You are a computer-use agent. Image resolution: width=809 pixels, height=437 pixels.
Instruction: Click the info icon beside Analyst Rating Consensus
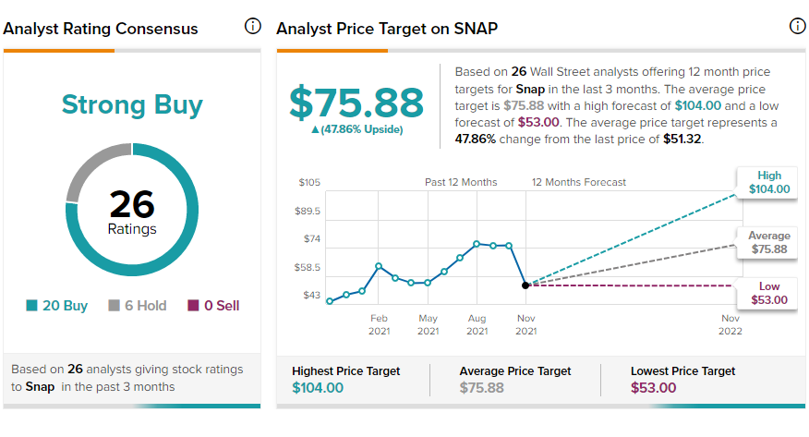[x=253, y=26]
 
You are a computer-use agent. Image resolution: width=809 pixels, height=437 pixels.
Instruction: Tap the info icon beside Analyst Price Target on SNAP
[x=798, y=26]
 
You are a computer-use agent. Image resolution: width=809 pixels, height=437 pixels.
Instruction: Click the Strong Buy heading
[x=132, y=104]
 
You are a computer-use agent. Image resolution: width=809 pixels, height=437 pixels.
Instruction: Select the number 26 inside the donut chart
[x=132, y=204]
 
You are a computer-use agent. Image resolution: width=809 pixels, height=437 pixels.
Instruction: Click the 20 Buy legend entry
[x=56, y=306]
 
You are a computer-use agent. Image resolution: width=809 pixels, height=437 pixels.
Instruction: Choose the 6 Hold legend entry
[x=138, y=306]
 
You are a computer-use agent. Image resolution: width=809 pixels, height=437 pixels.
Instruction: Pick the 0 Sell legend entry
[x=213, y=306]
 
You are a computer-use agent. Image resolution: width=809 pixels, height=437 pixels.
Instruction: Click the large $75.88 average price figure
[x=356, y=103]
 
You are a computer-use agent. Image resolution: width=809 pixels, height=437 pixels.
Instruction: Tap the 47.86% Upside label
[x=357, y=129]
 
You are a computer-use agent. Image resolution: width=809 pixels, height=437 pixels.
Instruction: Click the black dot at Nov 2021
[x=525, y=285]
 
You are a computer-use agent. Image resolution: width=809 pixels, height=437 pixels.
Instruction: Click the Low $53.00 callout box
[x=769, y=293]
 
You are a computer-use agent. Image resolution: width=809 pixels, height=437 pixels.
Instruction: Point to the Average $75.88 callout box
[x=769, y=242]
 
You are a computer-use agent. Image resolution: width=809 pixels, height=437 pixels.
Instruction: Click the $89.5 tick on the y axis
[x=308, y=211]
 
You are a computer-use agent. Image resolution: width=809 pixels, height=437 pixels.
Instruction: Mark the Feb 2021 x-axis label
[x=379, y=324]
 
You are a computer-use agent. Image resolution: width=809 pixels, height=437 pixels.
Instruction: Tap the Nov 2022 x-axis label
[x=731, y=324]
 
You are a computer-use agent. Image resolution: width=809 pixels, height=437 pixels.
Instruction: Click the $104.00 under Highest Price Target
[x=318, y=387]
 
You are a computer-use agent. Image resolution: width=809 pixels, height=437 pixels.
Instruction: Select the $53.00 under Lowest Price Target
[x=653, y=387]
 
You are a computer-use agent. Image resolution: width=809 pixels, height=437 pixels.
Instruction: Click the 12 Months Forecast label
[x=579, y=182]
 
